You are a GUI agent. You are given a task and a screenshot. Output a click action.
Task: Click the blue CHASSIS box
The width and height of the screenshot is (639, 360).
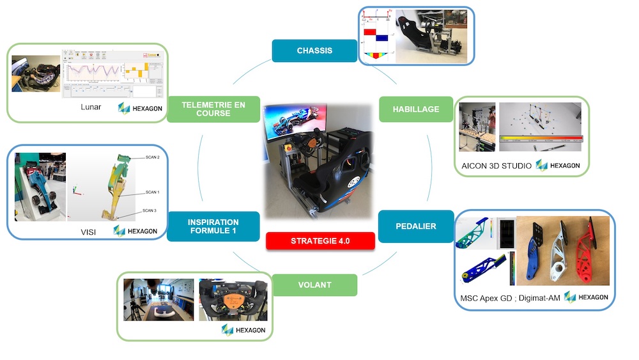click(314, 51)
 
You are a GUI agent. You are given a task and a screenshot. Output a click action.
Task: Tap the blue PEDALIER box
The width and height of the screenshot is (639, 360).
click(407, 226)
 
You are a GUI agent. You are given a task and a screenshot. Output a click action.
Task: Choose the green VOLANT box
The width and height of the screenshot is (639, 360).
click(314, 285)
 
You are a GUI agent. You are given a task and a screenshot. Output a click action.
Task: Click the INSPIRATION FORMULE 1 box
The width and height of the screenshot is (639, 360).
click(213, 226)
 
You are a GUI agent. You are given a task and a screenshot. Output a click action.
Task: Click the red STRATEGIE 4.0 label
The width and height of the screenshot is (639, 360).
click(320, 241)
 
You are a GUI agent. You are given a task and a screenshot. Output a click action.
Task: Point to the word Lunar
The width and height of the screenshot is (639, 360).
click(91, 107)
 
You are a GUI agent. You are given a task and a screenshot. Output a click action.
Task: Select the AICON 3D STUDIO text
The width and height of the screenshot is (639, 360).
click(497, 166)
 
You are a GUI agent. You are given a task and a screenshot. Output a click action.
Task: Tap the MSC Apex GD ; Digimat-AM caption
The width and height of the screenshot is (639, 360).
click(509, 298)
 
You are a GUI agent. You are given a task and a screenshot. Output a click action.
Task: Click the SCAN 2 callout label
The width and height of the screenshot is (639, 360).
click(152, 157)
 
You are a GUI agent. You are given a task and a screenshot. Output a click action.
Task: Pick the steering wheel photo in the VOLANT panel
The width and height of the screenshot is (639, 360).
click(231, 299)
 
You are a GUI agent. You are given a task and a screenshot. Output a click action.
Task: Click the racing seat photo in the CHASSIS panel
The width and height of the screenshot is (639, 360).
click(433, 36)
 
